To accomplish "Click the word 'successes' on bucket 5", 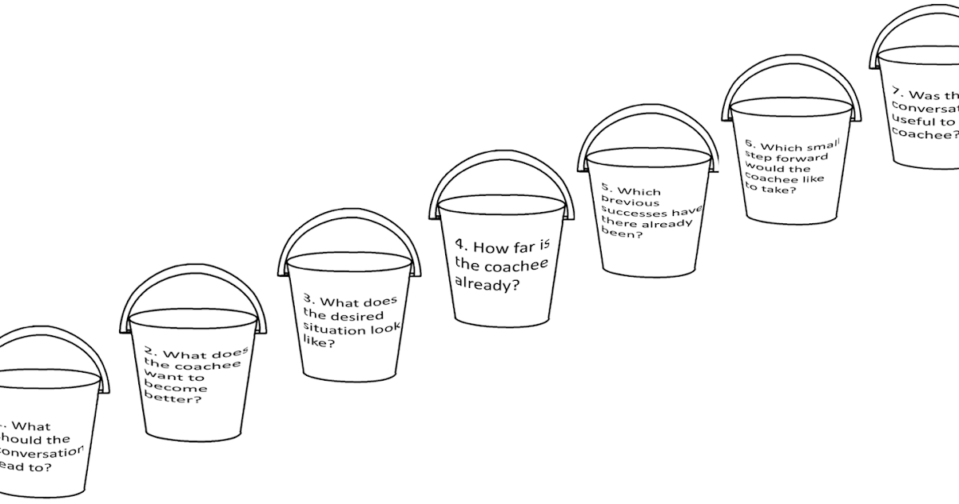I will coord(635,214).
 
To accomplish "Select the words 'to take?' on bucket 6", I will coord(766,190).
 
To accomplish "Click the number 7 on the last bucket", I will coord(897,91).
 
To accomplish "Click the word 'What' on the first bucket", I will coord(33,427).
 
